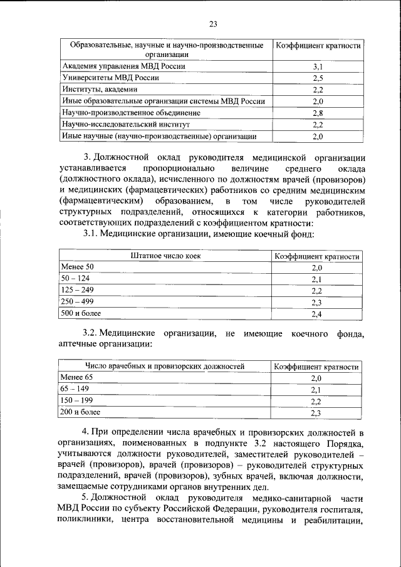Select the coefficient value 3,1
[x=317, y=66]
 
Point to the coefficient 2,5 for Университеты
[x=317, y=78]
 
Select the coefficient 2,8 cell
[x=317, y=113]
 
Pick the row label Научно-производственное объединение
[x=130, y=113]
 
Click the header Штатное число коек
[x=166, y=256]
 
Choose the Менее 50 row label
[x=76, y=268]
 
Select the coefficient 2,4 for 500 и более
[x=316, y=314]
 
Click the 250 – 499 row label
[x=76, y=302]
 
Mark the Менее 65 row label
[x=76, y=378]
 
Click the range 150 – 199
[x=76, y=401]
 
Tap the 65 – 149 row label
[x=75, y=389]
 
